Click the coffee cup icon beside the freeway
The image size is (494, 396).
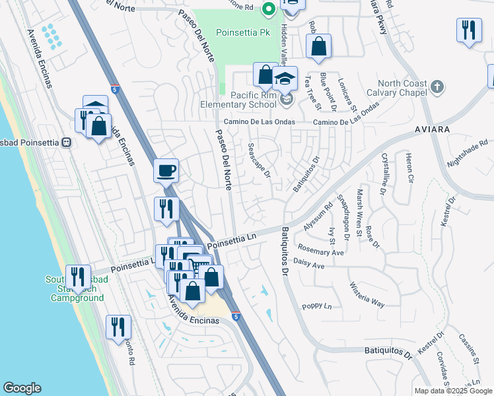coord(166,171)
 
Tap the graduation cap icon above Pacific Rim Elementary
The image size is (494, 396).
coord(285,79)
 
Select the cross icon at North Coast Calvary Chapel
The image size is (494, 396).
coord(437,87)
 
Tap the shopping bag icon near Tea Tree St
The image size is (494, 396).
coord(318,47)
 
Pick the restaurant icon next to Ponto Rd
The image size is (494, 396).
coord(118,327)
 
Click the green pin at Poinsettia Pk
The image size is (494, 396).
coord(268,9)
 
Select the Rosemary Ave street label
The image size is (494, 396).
coord(321,253)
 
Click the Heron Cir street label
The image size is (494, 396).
coord(407,170)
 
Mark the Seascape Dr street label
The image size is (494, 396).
coord(259,161)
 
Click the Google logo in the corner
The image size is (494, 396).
coord(22,388)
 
